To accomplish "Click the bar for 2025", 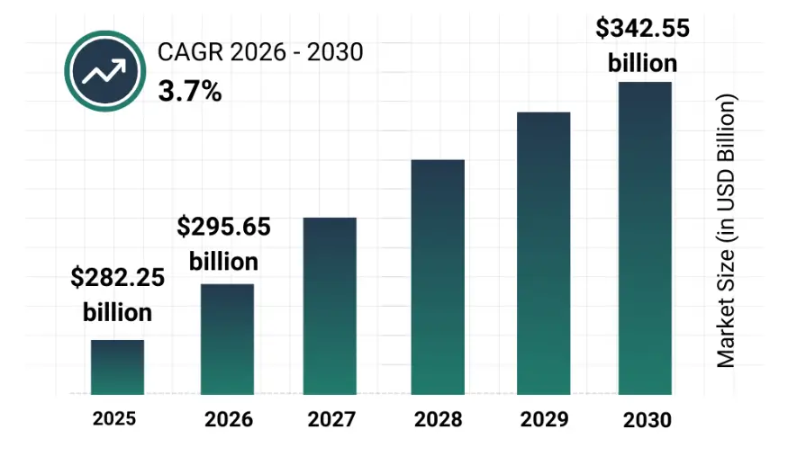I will [x=117, y=368].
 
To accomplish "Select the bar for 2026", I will [x=227, y=340].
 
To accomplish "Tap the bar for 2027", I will [x=330, y=307].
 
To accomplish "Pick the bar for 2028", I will [x=438, y=278].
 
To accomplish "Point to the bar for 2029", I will [x=544, y=254].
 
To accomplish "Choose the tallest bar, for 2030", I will [x=645, y=238].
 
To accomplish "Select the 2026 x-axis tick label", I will [x=229, y=419].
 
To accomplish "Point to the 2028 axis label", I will [x=439, y=419].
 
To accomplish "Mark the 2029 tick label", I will [x=544, y=419].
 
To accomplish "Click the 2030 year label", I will [x=647, y=419].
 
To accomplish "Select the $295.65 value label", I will [x=223, y=227].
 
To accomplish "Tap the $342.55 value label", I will [x=643, y=29].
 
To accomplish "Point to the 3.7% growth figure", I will [x=190, y=91].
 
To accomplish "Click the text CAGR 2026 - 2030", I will [x=260, y=53].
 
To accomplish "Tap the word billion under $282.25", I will [x=118, y=312].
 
